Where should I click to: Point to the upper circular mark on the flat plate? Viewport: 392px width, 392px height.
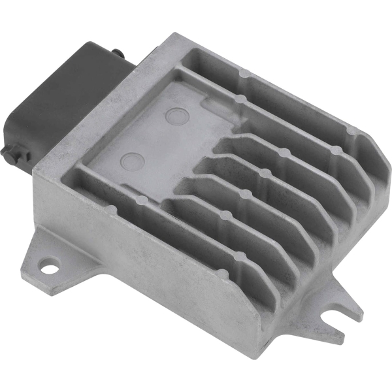[176, 117]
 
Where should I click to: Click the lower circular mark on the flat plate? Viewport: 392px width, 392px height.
[133, 161]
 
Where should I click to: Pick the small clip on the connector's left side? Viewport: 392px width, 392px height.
[9, 155]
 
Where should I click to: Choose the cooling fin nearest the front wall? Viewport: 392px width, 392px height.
[196, 222]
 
